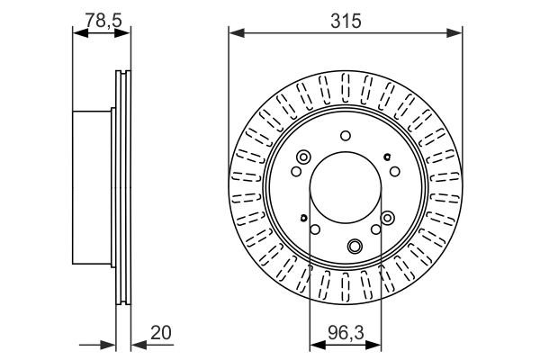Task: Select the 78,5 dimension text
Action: (100, 20)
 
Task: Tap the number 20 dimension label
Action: (162, 332)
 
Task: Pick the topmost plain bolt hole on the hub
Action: (345, 136)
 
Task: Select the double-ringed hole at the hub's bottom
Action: (355, 246)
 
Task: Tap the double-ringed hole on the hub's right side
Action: (388, 217)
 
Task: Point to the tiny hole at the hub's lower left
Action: (304, 219)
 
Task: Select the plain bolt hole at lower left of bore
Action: (314, 231)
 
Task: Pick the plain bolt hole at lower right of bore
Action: (376, 231)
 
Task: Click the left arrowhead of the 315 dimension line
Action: (234, 33)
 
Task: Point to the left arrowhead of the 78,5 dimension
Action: (77, 33)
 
